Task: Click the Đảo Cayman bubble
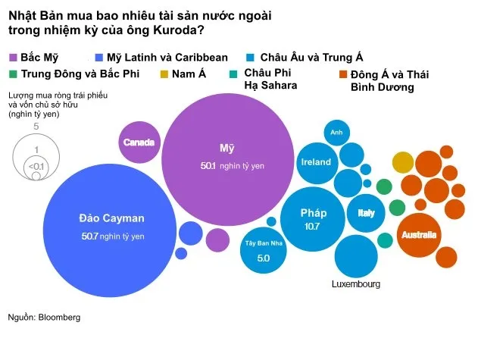(x=111, y=227)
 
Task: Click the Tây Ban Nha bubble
(x=263, y=251)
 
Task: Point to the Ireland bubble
(x=316, y=162)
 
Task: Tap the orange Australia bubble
(x=419, y=234)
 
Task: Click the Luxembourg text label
(x=355, y=284)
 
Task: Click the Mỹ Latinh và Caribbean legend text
(x=167, y=58)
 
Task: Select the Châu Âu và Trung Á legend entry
(x=311, y=58)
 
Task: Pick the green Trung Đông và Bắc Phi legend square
(x=13, y=74)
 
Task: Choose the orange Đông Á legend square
(x=342, y=74)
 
